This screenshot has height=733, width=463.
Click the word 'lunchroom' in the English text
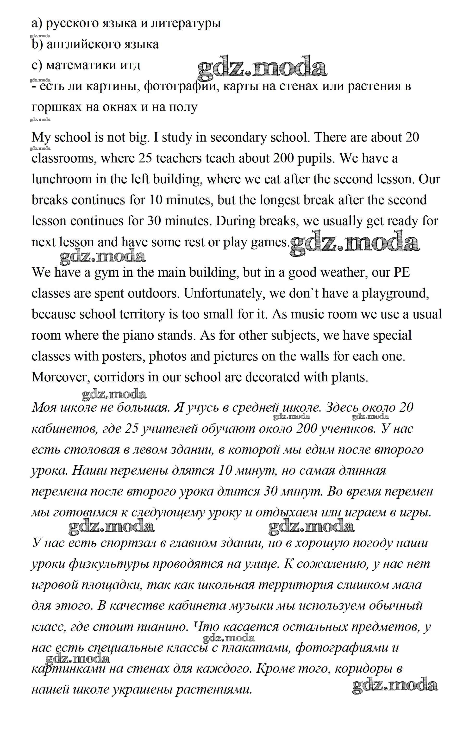pyautogui.click(x=62, y=179)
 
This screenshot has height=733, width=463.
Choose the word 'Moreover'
pyautogui.click(x=61, y=378)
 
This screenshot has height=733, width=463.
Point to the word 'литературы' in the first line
pyautogui.click(x=186, y=24)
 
